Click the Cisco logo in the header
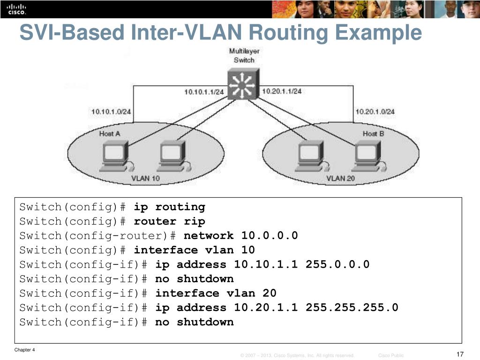pyautogui.click(x=17, y=9)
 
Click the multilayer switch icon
pyautogui.click(x=243, y=83)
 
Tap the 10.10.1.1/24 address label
pyautogui.click(x=204, y=92)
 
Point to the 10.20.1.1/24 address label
pyautogui.click(x=282, y=91)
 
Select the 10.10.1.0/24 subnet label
pyautogui.click(x=111, y=112)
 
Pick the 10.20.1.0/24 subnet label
pyautogui.click(x=375, y=112)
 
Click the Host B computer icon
pyautogui.click(x=369, y=156)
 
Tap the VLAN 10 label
pyautogui.click(x=145, y=178)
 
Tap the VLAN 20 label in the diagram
pyautogui.click(x=340, y=178)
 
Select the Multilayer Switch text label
pyautogui.click(x=244, y=55)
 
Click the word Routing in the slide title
pyautogui.click(x=288, y=33)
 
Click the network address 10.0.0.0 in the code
pyautogui.click(x=270, y=235)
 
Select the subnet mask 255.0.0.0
pyautogui.click(x=337, y=264)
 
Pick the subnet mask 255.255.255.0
pyautogui.click(x=352, y=307)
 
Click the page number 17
pyautogui.click(x=460, y=354)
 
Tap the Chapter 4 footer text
pyautogui.click(x=24, y=350)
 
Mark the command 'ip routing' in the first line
pyautogui.click(x=169, y=207)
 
